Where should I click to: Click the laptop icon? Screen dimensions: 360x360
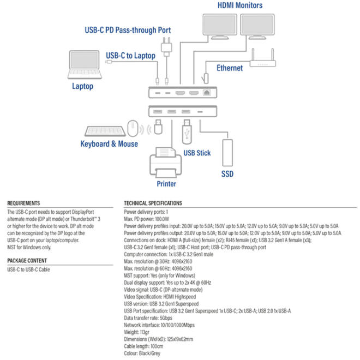pyautogui.click(x=85, y=65)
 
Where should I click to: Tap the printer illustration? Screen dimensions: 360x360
pyautogui.click(x=165, y=163)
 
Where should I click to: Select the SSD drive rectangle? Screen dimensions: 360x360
pyautogui.click(x=227, y=153)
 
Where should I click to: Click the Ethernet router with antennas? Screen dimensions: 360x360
pyautogui.click(x=263, y=61)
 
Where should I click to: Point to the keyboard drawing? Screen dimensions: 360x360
pyautogui.click(x=105, y=131)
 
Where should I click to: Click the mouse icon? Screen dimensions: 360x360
pyautogui.click(x=133, y=128)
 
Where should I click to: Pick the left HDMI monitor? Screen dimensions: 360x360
pyautogui.click(x=220, y=26)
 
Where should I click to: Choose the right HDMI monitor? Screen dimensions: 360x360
pyautogui.click(x=257, y=26)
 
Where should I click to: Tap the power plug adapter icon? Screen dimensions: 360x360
pyautogui.click(x=166, y=47)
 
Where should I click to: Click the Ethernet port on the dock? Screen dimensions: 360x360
pyautogui.click(x=207, y=93)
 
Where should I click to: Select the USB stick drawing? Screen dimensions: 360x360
pyautogui.click(x=187, y=131)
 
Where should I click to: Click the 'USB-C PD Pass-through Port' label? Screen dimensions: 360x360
pyautogui.click(x=128, y=30)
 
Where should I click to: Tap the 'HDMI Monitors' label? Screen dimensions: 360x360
pyautogui.click(x=240, y=5)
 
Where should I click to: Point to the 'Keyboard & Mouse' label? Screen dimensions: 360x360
pyautogui.click(x=109, y=144)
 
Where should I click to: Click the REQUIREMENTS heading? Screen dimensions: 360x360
pyautogui.click(x=23, y=203)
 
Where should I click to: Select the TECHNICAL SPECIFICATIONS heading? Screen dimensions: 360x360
pyautogui.click(x=153, y=203)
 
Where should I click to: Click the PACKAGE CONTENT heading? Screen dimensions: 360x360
pyautogui.click(x=27, y=261)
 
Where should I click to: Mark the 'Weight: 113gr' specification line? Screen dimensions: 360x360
pyautogui.click(x=136, y=332)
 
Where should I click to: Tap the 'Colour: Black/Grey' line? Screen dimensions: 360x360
pyautogui.click(x=142, y=353)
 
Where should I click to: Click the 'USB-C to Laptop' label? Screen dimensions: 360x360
pyautogui.click(x=131, y=56)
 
